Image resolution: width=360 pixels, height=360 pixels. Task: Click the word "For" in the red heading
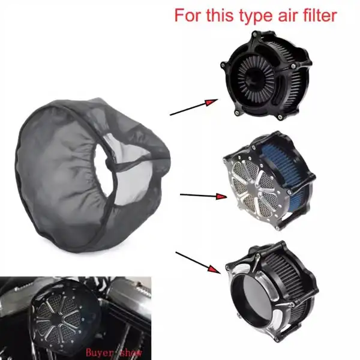pyautogui.click(x=188, y=15)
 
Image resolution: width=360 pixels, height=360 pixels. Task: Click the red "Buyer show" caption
pyautogui.click(x=114, y=352)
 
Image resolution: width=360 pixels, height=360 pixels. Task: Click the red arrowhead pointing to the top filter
pyautogui.click(x=211, y=102)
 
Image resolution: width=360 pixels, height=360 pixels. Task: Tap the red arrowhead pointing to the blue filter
pyautogui.click(x=221, y=197)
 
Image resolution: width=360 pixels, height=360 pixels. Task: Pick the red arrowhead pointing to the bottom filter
pyautogui.click(x=214, y=269)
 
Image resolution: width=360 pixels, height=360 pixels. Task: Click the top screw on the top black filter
pyautogui.click(x=254, y=34)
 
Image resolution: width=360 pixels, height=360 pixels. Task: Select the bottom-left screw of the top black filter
pyautogui.click(x=236, y=113)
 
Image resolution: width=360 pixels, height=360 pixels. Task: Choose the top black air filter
pyautogui.click(x=266, y=76)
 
